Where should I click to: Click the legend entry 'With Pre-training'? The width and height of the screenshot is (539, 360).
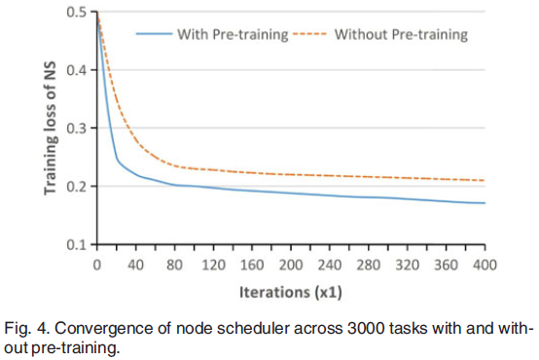click(x=233, y=35)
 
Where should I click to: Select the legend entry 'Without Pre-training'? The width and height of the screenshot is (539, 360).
click(x=401, y=35)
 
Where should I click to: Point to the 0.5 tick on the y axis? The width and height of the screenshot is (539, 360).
click(x=78, y=12)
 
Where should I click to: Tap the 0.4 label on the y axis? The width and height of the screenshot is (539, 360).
click(x=78, y=70)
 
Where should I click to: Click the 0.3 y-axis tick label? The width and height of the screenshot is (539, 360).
click(x=78, y=128)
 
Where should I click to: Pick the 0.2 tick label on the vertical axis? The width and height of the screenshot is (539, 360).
click(x=78, y=187)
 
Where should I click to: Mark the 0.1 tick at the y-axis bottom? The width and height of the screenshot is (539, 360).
click(x=78, y=244)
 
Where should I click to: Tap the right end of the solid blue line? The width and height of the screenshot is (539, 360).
click(x=485, y=202)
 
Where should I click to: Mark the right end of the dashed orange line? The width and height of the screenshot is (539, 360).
click(x=485, y=180)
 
